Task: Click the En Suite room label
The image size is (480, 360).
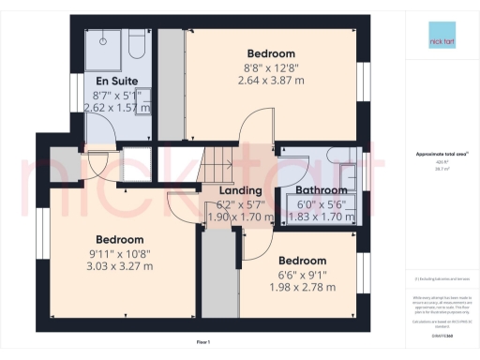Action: click(112, 82)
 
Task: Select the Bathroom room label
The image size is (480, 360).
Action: click(322, 189)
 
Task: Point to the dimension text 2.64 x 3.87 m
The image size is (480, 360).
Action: click(270, 82)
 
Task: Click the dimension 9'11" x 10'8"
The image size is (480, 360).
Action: click(117, 253)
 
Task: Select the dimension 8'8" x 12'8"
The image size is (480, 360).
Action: click(270, 67)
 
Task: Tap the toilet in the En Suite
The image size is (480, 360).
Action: click(135, 44)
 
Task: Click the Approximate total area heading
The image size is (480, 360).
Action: click(437, 155)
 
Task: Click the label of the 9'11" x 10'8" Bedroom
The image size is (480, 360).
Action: click(117, 239)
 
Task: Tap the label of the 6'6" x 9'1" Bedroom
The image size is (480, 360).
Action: click(302, 260)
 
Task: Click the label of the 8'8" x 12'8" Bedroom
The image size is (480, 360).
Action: click(270, 53)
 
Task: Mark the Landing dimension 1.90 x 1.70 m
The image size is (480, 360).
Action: click(239, 217)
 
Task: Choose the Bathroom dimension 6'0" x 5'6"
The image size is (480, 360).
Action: click(322, 203)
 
